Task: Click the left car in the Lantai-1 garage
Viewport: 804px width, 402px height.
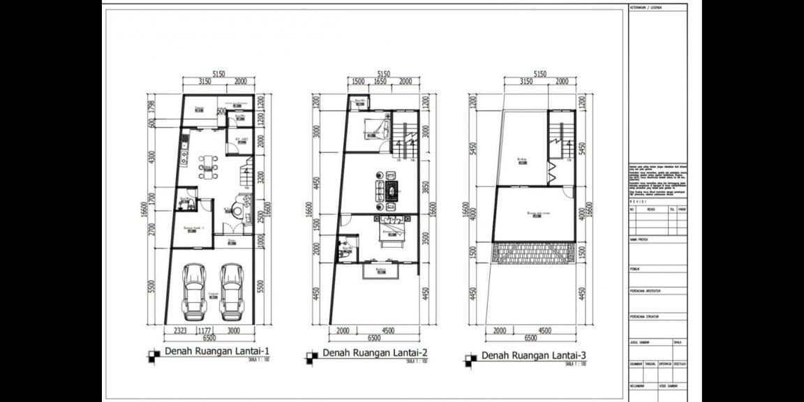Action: [x=193, y=291]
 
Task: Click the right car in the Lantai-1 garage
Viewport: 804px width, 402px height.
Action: [x=231, y=291]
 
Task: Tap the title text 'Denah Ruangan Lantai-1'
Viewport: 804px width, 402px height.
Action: [x=216, y=352]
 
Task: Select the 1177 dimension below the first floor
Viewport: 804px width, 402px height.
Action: [x=204, y=331]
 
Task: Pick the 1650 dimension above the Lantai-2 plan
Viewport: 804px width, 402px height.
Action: [x=380, y=82]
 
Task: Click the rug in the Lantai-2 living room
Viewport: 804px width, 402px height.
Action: [x=392, y=191]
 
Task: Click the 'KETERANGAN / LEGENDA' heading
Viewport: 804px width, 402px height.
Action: [x=646, y=8]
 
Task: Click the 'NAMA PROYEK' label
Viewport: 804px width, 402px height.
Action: [x=639, y=239]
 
